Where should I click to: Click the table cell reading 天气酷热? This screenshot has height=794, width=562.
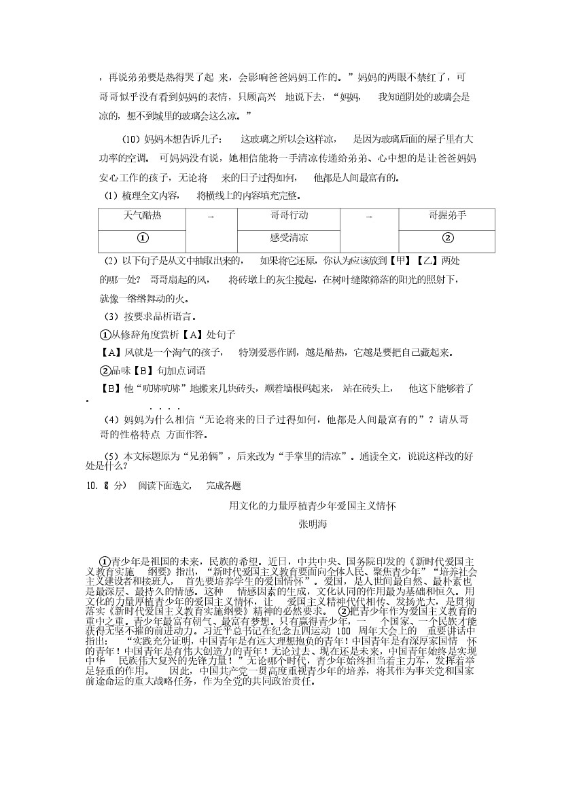coord(143,215)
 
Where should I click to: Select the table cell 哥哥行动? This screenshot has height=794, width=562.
coord(289,215)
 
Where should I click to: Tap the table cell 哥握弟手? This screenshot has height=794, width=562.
coord(447,215)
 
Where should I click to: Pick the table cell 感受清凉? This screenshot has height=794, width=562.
coord(289,238)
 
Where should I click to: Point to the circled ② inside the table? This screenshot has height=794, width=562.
coord(447,238)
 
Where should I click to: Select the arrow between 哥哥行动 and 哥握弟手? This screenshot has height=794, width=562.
coord(369,217)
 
